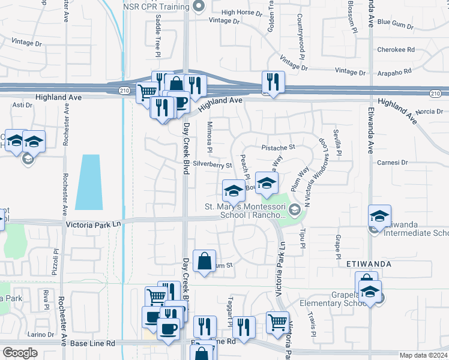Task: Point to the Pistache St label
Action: [279, 146]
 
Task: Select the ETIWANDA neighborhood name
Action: [369, 263]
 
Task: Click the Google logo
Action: [20, 353]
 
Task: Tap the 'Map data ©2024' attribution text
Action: [423, 355]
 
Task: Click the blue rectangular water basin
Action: [88, 182]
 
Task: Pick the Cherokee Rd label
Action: [396, 50]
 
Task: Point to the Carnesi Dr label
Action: [393, 162]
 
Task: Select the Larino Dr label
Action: [40, 334]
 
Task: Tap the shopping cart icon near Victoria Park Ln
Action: [277, 322]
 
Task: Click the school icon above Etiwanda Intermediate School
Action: [379, 216]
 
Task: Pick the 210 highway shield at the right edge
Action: [436, 93]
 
